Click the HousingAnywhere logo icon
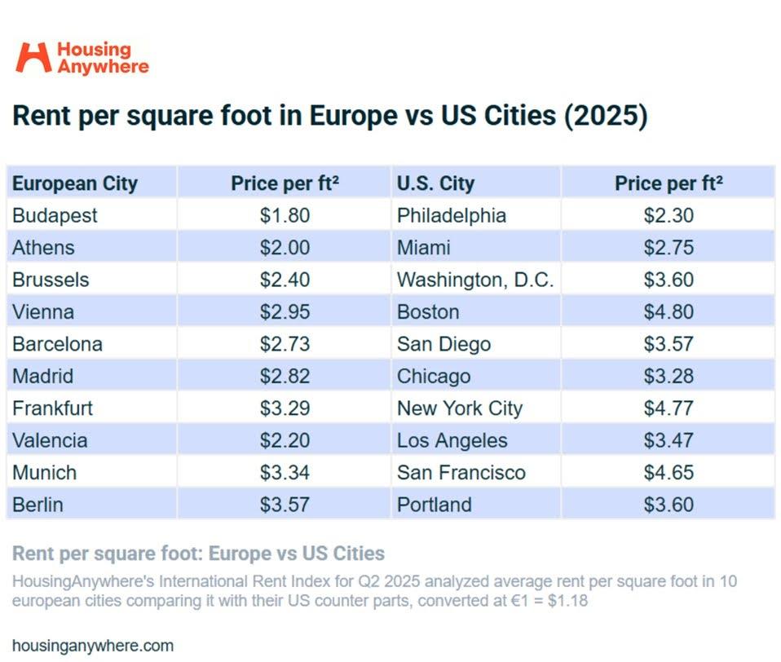tap(33, 57)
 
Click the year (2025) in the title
tap(604, 116)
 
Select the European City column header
tap(75, 183)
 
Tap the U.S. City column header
tap(435, 183)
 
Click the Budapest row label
tap(55, 215)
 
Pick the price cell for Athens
tap(285, 248)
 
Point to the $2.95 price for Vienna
tap(285, 312)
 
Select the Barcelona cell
tap(57, 344)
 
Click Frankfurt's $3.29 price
tap(285, 408)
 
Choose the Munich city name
tap(44, 473)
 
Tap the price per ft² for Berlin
tap(285, 505)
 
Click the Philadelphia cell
tap(452, 215)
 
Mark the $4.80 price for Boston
tap(668, 312)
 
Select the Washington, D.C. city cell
tap(475, 280)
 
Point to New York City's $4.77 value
tap(668, 408)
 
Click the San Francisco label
tap(461, 473)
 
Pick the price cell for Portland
tap(668, 505)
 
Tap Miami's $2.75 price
tap(668, 248)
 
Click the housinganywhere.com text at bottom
tap(93, 646)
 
